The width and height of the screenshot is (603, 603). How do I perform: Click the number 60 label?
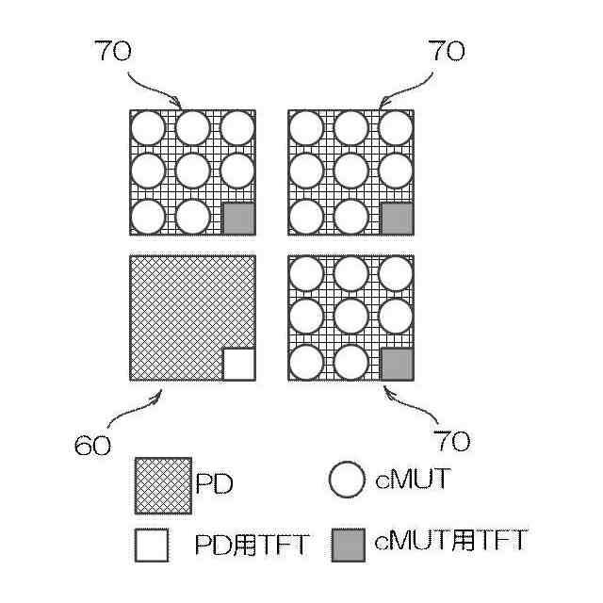(x=93, y=444)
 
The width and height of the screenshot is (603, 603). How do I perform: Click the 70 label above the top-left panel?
(x=113, y=52)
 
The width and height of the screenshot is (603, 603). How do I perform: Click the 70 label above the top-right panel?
(x=446, y=52)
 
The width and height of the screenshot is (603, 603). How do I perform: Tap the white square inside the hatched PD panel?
(x=238, y=364)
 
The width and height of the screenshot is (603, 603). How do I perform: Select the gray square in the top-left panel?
(x=238, y=219)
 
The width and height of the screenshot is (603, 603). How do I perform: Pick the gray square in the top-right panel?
(x=397, y=219)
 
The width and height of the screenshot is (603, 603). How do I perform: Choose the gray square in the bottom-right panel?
(x=397, y=364)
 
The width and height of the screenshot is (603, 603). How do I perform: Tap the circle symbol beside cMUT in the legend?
(x=347, y=481)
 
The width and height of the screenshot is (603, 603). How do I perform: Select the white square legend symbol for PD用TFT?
(x=152, y=546)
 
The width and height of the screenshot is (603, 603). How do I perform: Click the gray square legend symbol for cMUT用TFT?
(x=348, y=544)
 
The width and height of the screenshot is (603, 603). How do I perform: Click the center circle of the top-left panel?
(x=192, y=171)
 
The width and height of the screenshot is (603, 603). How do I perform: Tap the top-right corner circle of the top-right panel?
(x=397, y=127)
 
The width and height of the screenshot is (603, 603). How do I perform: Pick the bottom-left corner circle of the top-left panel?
(x=148, y=217)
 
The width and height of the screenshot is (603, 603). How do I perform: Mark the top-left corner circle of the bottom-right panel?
(x=306, y=273)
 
